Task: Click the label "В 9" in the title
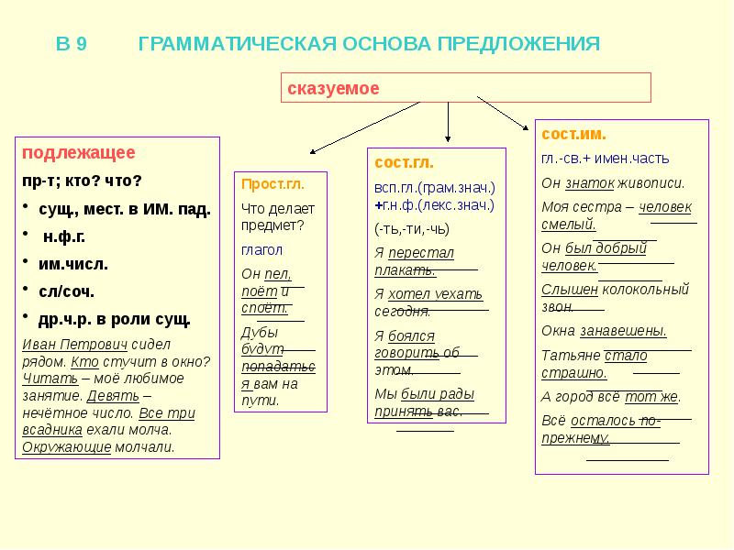72,44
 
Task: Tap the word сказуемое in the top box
333,88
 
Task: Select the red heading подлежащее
78,152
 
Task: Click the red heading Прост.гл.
272,182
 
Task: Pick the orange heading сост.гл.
401,161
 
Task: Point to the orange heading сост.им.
573,134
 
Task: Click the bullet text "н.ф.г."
65,236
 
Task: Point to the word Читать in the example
43,378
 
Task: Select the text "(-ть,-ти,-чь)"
412,228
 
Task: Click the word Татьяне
570,355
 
